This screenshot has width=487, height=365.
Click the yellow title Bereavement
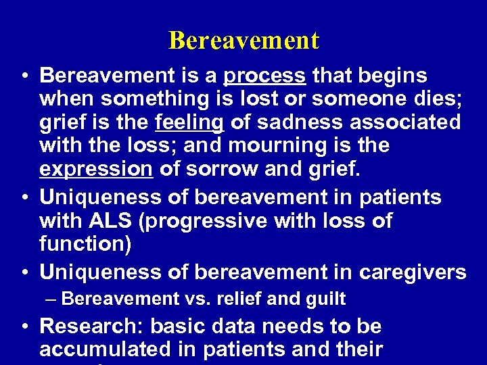tap(243, 41)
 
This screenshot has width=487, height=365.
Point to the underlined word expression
tap(96, 169)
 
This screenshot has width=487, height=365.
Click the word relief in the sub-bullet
tap(243, 299)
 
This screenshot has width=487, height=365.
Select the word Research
tap(91, 326)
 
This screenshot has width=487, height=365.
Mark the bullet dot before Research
tap(24, 327)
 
